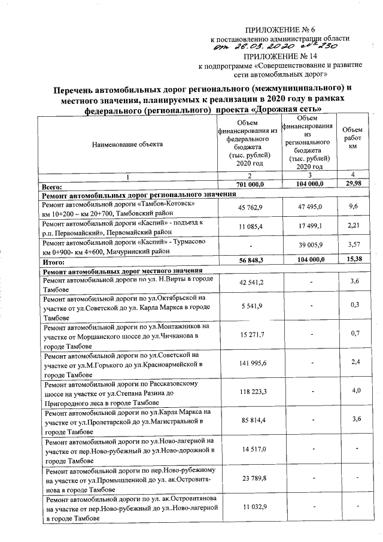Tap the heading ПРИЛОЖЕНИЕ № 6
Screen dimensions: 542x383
coord(279,30)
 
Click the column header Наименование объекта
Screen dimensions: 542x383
coord(127,144)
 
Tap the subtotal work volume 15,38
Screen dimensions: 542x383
coord(352,262)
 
